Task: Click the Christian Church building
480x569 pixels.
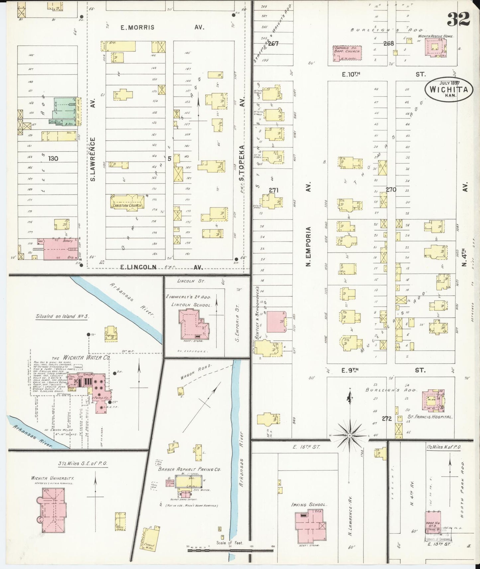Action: click(x=128, y=203)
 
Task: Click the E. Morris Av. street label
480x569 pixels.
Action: click(x=162, y=27)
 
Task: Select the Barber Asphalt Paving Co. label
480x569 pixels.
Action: click(x=190, y=470)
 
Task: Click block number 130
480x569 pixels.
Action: click(x=53, y=158)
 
